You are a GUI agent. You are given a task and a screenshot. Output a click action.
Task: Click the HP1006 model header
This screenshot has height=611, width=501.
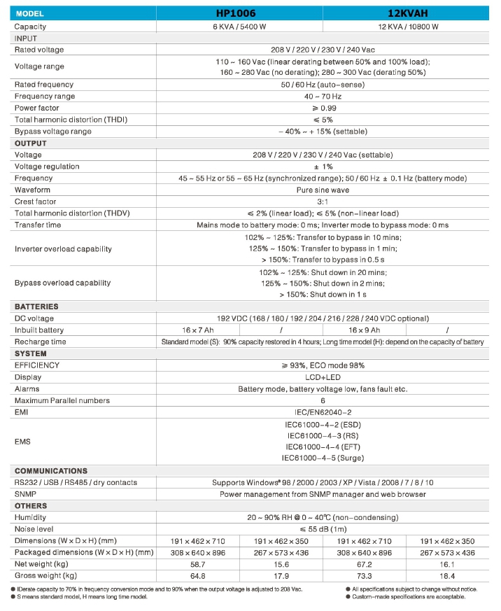tap(240, 14)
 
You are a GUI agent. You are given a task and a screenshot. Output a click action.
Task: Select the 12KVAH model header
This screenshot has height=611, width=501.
tap(406, 14)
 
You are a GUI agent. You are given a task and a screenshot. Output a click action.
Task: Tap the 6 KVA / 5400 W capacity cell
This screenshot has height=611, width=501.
tap(240, 27)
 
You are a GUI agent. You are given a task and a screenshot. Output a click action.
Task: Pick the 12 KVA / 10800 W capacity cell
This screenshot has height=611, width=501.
tap(406, 27)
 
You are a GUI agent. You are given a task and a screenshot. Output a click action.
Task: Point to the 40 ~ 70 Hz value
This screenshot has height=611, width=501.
tap(323, 97)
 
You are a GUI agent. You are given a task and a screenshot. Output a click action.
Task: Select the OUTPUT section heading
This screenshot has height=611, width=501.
tap(31, 143)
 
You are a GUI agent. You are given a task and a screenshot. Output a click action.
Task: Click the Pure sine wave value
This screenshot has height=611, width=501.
tap(323, 190)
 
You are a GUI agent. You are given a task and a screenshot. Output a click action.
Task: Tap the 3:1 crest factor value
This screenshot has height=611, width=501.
tap(323, 202)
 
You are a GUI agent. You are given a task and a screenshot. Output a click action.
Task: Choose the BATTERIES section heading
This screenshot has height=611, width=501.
tap(36, 307)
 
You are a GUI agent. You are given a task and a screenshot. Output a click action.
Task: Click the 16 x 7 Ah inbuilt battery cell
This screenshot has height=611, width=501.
tap(198, 330)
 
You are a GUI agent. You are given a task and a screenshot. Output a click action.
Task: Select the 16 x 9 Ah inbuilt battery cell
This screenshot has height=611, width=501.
tap(364, 330)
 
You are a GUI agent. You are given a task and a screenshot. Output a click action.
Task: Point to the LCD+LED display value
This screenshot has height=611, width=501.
tap(323, 377)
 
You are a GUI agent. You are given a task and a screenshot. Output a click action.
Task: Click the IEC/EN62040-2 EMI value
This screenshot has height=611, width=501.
tap(323, 413)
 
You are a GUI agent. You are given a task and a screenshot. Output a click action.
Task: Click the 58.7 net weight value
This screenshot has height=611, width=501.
tap(198, 564)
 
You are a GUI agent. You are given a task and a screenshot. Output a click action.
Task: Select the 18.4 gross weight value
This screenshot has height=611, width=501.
tap(447, 576)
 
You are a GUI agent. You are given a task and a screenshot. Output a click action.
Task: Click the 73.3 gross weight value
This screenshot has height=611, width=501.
tap(364, 576)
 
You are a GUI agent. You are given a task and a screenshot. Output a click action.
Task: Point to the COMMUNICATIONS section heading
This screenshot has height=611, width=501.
tap(51, 471)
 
